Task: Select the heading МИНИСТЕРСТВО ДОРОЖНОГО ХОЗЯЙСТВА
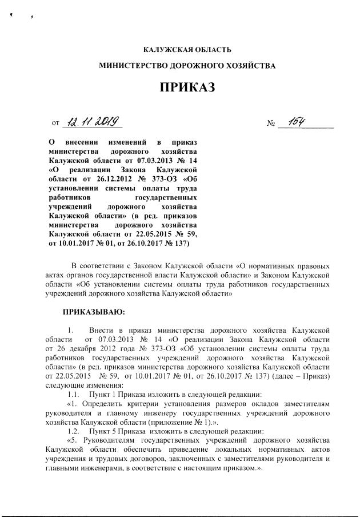pos(187,66)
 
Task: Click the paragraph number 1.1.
pos(73,395)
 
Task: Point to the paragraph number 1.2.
pos(73,430)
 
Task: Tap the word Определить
pos(107,404)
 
